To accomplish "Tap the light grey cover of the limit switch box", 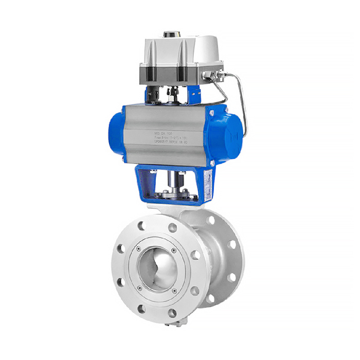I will (180, 51).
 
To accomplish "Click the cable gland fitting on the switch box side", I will (210, 76).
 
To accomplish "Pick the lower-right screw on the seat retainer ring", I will (174, 286).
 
